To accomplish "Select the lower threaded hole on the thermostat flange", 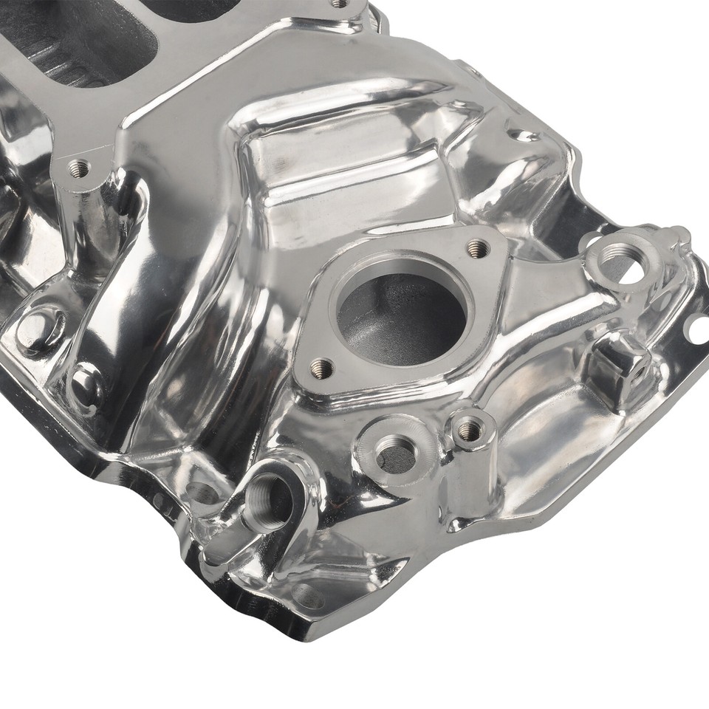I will [321, 367].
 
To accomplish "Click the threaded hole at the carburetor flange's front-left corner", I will [78, 168].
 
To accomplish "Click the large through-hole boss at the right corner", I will [619, 258].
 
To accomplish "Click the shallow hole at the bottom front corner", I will [306, 595].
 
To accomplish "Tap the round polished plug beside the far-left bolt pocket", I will [85, 384].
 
